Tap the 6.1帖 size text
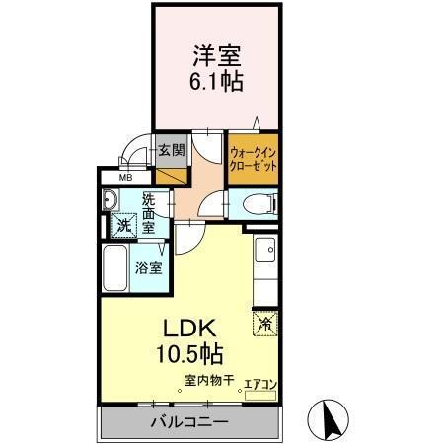(x=216, y=81)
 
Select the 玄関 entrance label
(x=172, y=150)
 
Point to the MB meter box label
(x=125, y=178)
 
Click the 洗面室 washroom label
(x=149, y=210)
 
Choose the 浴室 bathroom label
(x=149, y=267)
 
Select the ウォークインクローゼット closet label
(x=254, y=160)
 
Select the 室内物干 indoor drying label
(x=206, y=380)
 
